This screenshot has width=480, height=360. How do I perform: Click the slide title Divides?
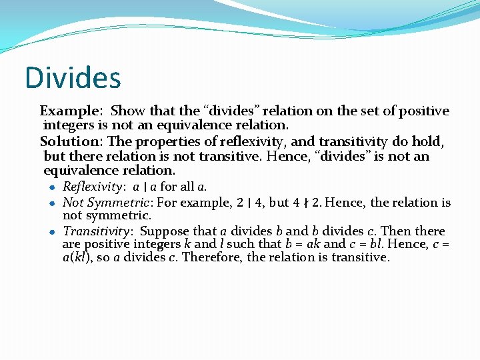click(x=73, y=77)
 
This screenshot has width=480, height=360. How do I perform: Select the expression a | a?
click(x=145, y=187)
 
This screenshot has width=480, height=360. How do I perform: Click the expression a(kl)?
click(x=75, y=258)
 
